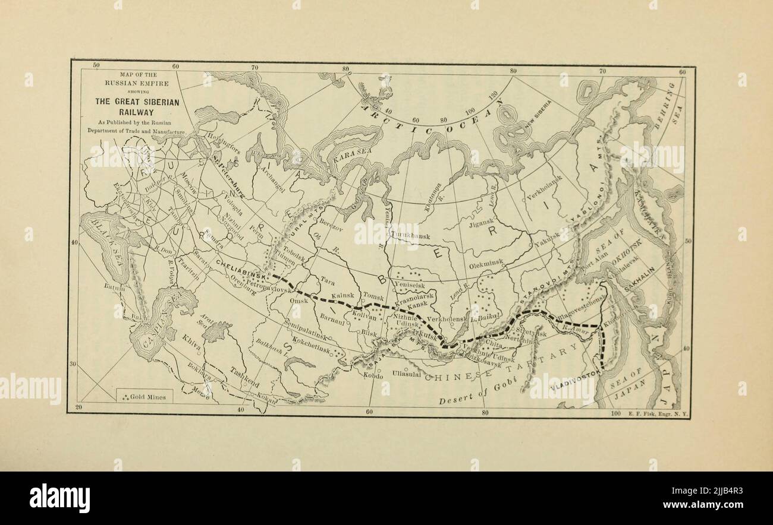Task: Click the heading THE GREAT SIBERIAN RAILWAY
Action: [137, 106]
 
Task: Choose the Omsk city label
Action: [298, 301]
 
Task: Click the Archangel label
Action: [271, 179]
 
